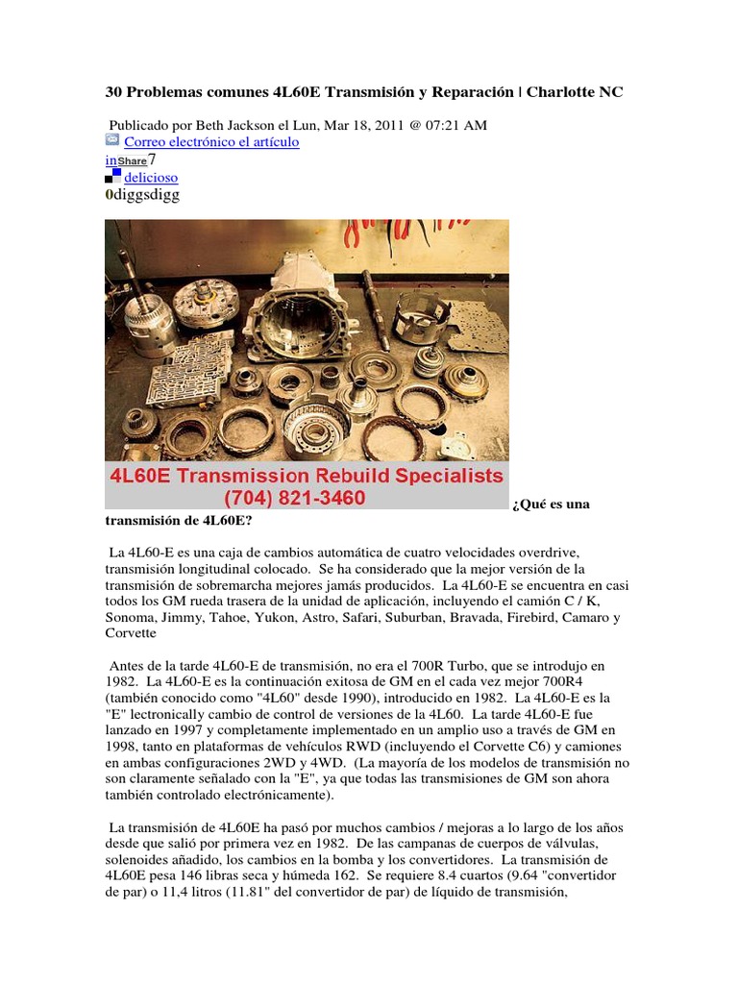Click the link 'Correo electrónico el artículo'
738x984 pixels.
(x=211, y=142)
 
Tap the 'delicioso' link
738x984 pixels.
(x=151, y=178)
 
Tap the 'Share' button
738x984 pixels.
(x=133, y=161)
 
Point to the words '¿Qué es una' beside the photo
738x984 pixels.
(x=552, y=504)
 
